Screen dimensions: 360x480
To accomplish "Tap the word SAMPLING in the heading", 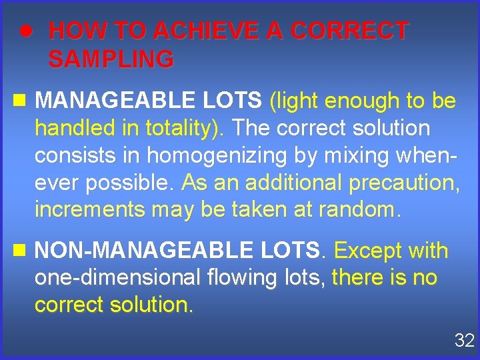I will pyautogui.click(x=111, y=60).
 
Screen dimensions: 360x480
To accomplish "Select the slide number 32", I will pyautogui.click(x=463, y=341).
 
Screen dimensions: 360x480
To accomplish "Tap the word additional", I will pyautogui.click(x=263, y=182).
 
